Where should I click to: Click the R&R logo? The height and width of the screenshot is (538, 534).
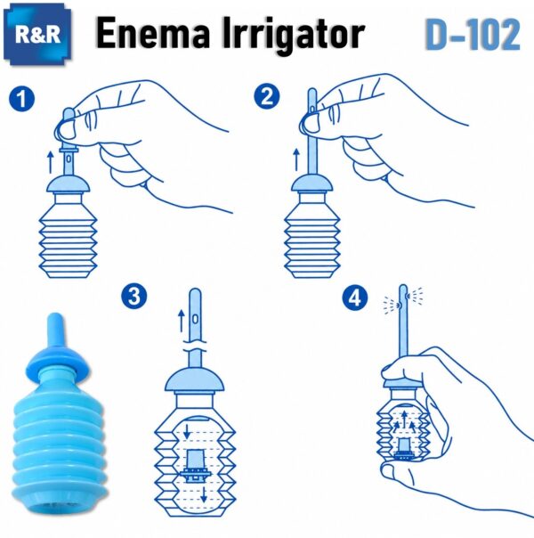coord(37,35)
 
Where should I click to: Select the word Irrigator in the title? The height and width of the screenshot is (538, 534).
coord(294,35)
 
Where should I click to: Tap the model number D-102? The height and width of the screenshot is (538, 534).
coord(473,35)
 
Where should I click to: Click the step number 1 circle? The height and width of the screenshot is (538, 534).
coord(21,99)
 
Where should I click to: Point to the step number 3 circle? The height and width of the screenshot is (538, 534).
coord(134,296)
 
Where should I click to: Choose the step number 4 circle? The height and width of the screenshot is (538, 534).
coord(355,298)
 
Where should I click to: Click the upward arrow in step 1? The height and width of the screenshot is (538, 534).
coord(51,162)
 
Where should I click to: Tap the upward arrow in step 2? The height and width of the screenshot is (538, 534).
coord(296,159)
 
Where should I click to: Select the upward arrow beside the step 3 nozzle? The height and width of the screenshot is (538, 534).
coord(182,321)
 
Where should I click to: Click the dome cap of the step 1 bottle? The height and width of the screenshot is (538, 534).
coord(69,184)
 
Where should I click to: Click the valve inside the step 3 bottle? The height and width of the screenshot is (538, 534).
coord(196,466)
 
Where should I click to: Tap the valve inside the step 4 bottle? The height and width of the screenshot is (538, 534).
coord(404,449)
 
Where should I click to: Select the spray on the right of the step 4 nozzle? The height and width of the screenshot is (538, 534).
coord(415,295)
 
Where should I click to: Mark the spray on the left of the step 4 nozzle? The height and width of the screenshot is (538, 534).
coord(392,305)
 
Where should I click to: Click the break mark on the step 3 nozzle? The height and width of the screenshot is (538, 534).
coord(195,346)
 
